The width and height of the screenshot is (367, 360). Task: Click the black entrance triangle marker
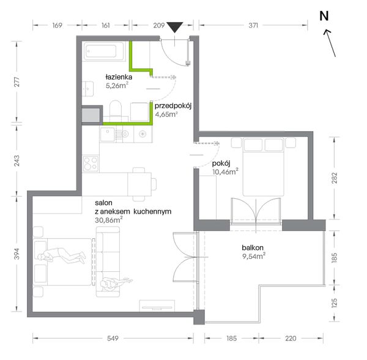click(174, 27)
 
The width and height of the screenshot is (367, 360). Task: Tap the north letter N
click(324, 16)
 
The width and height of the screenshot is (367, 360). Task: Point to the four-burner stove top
click(91, 163)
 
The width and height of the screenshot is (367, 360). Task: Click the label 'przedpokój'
click(173, 106)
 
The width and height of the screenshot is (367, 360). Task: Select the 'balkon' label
click(253, 247)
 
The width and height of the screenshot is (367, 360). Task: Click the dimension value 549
click(113, 338)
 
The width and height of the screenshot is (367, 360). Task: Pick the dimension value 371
click(253, 25)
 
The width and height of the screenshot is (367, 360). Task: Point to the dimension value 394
click(17, 254)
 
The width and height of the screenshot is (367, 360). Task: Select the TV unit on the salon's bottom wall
click(157, 306)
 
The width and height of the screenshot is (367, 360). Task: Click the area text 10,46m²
click(225, 171)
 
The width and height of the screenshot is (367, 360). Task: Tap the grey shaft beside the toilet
click(91, 114)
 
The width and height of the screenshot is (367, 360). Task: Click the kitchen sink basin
click(108, 135)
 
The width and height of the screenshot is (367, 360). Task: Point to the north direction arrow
click(330, 43)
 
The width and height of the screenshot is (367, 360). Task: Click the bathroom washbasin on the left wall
click(88, 89)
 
